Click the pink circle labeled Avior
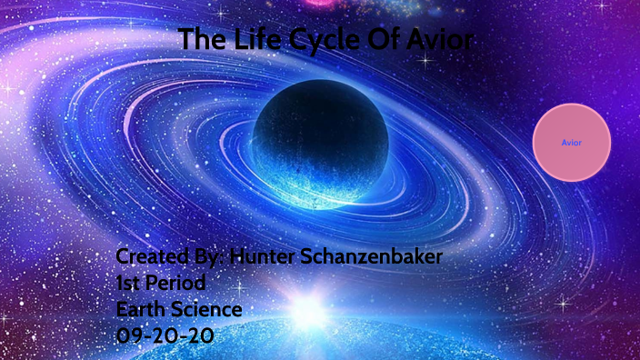(x=571, y=142)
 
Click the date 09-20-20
(x=165, y=335)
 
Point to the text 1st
(x=130, y=283)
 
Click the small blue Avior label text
(x=571, y=143)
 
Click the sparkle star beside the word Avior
(x=425, y=61)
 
